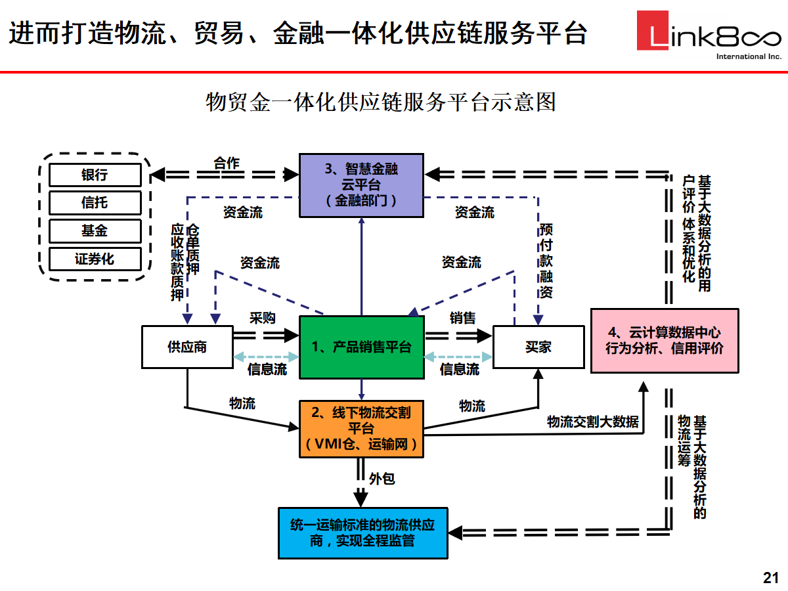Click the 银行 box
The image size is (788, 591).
[95, 175]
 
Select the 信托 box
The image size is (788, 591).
[95, 203]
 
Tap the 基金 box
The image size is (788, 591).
[95, 230]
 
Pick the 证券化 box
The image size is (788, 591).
[95, 258]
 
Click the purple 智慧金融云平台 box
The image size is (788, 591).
[361, 185]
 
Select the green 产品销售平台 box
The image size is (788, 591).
[361, 347]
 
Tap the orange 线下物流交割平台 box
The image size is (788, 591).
[361, 429]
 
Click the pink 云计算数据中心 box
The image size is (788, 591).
[664, 340]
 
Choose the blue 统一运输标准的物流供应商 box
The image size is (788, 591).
[362, 533]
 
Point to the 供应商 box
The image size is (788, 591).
[187, 347]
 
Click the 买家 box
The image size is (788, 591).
[538, 347]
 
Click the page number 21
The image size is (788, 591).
[770, 578]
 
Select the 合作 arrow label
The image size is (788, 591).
[227, 164]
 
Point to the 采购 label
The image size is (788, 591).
[262, 318]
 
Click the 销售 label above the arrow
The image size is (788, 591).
[462, 318]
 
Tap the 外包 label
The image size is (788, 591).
[382, 479]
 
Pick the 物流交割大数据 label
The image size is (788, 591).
[592, 422]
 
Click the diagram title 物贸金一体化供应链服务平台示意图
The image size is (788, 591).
[381, 102]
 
